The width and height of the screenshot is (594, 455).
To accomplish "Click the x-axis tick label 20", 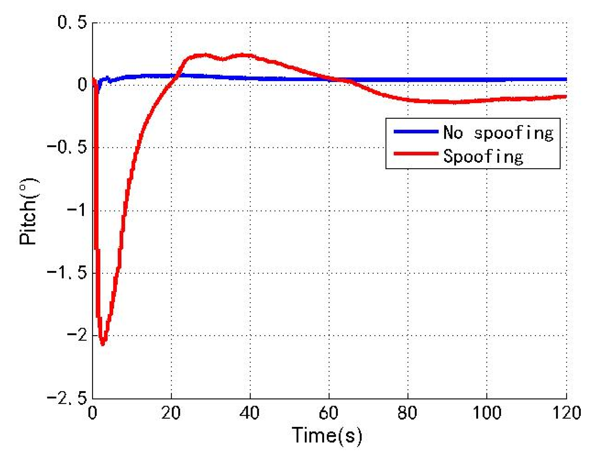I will (171, 413).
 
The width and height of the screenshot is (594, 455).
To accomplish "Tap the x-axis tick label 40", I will (250, 413).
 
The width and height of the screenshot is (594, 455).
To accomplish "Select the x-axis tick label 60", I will (328, 413).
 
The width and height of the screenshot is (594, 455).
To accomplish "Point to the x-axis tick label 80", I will (407, 413).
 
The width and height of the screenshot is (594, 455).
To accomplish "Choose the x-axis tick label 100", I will (487, 413).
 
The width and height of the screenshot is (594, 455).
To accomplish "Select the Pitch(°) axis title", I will (28, 211).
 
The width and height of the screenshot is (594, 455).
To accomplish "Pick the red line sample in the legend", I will (416, 153).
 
